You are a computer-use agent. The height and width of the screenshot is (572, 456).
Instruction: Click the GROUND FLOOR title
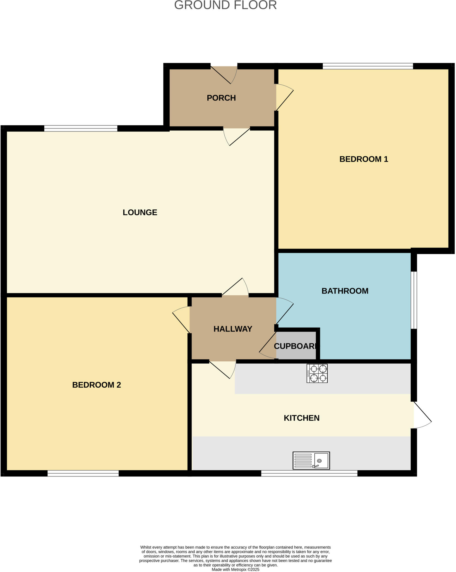coord(225,5)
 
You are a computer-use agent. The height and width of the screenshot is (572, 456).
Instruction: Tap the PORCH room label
coord(221,98)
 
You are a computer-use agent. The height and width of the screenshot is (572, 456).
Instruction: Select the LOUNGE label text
coord(140,212)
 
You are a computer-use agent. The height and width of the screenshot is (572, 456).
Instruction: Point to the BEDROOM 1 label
coord(363,159)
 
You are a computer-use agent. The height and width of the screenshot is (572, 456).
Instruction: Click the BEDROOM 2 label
coord(97,385)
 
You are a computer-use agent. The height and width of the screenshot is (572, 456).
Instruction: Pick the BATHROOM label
coord(345,291)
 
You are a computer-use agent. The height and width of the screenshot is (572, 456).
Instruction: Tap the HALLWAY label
coord(233,329)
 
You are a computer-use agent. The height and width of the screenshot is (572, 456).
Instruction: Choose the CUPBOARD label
coord(295,346)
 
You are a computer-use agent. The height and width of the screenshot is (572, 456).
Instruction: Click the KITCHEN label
coord(301,418)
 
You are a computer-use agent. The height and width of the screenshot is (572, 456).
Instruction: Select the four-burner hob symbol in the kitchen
coord(317,373)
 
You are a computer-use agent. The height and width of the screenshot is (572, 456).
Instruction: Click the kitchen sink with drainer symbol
coord(311,460)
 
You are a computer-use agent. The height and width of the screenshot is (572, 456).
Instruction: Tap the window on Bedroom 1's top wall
coord(368,66)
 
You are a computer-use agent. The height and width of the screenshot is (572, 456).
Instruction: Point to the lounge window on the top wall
coord(81,128)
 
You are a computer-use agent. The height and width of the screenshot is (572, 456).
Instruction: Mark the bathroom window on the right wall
coord(415,300)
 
